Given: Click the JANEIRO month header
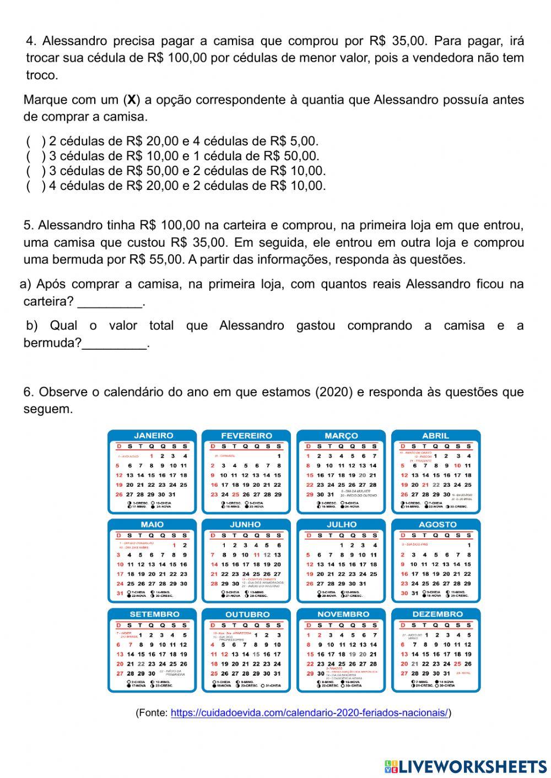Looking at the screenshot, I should click(x=153, y=435).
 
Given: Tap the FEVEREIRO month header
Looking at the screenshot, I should click(x=246, y=435).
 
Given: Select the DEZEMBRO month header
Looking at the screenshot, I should click(x=437, y=613).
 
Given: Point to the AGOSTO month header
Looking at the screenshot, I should click(x=437, y=524).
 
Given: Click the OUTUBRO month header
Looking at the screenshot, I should click(x=247, y=613).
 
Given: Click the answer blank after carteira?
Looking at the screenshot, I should click(x=110, y=302).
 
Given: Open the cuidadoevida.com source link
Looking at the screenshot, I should click(x=309, y=712).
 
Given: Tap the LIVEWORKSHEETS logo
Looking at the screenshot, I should click(x=466, y=766).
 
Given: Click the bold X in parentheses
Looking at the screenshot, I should click(x=132, y=100).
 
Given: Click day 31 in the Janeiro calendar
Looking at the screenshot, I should click(x=172, y=494).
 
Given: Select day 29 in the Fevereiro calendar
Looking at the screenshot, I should click(x=278, y=494).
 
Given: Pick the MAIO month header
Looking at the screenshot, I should click(x=152, y=524).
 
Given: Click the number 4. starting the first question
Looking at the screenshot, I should click(x=31, y=41).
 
